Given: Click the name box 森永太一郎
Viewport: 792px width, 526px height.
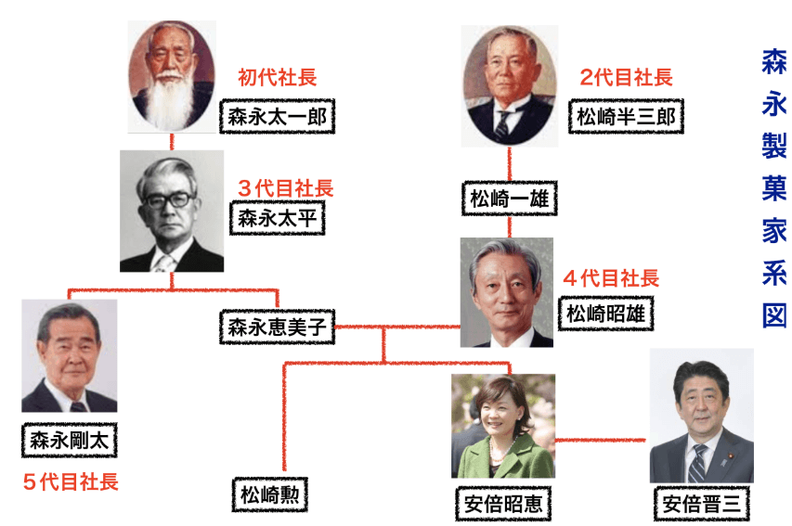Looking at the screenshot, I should click(278, 117).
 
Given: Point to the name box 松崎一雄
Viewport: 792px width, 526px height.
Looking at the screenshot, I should click(509, 198).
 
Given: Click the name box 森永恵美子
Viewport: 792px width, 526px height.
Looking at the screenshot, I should click(277, 327).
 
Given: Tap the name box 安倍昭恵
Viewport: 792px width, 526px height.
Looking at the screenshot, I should click(504, 506).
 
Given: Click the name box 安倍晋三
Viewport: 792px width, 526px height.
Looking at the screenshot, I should click(701, 505).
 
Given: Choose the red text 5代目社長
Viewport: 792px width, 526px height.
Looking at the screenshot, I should click(71, 481).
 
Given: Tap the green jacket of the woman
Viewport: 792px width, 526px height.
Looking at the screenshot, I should click(502, 458).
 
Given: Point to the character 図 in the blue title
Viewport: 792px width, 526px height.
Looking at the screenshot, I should click(773, 314).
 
